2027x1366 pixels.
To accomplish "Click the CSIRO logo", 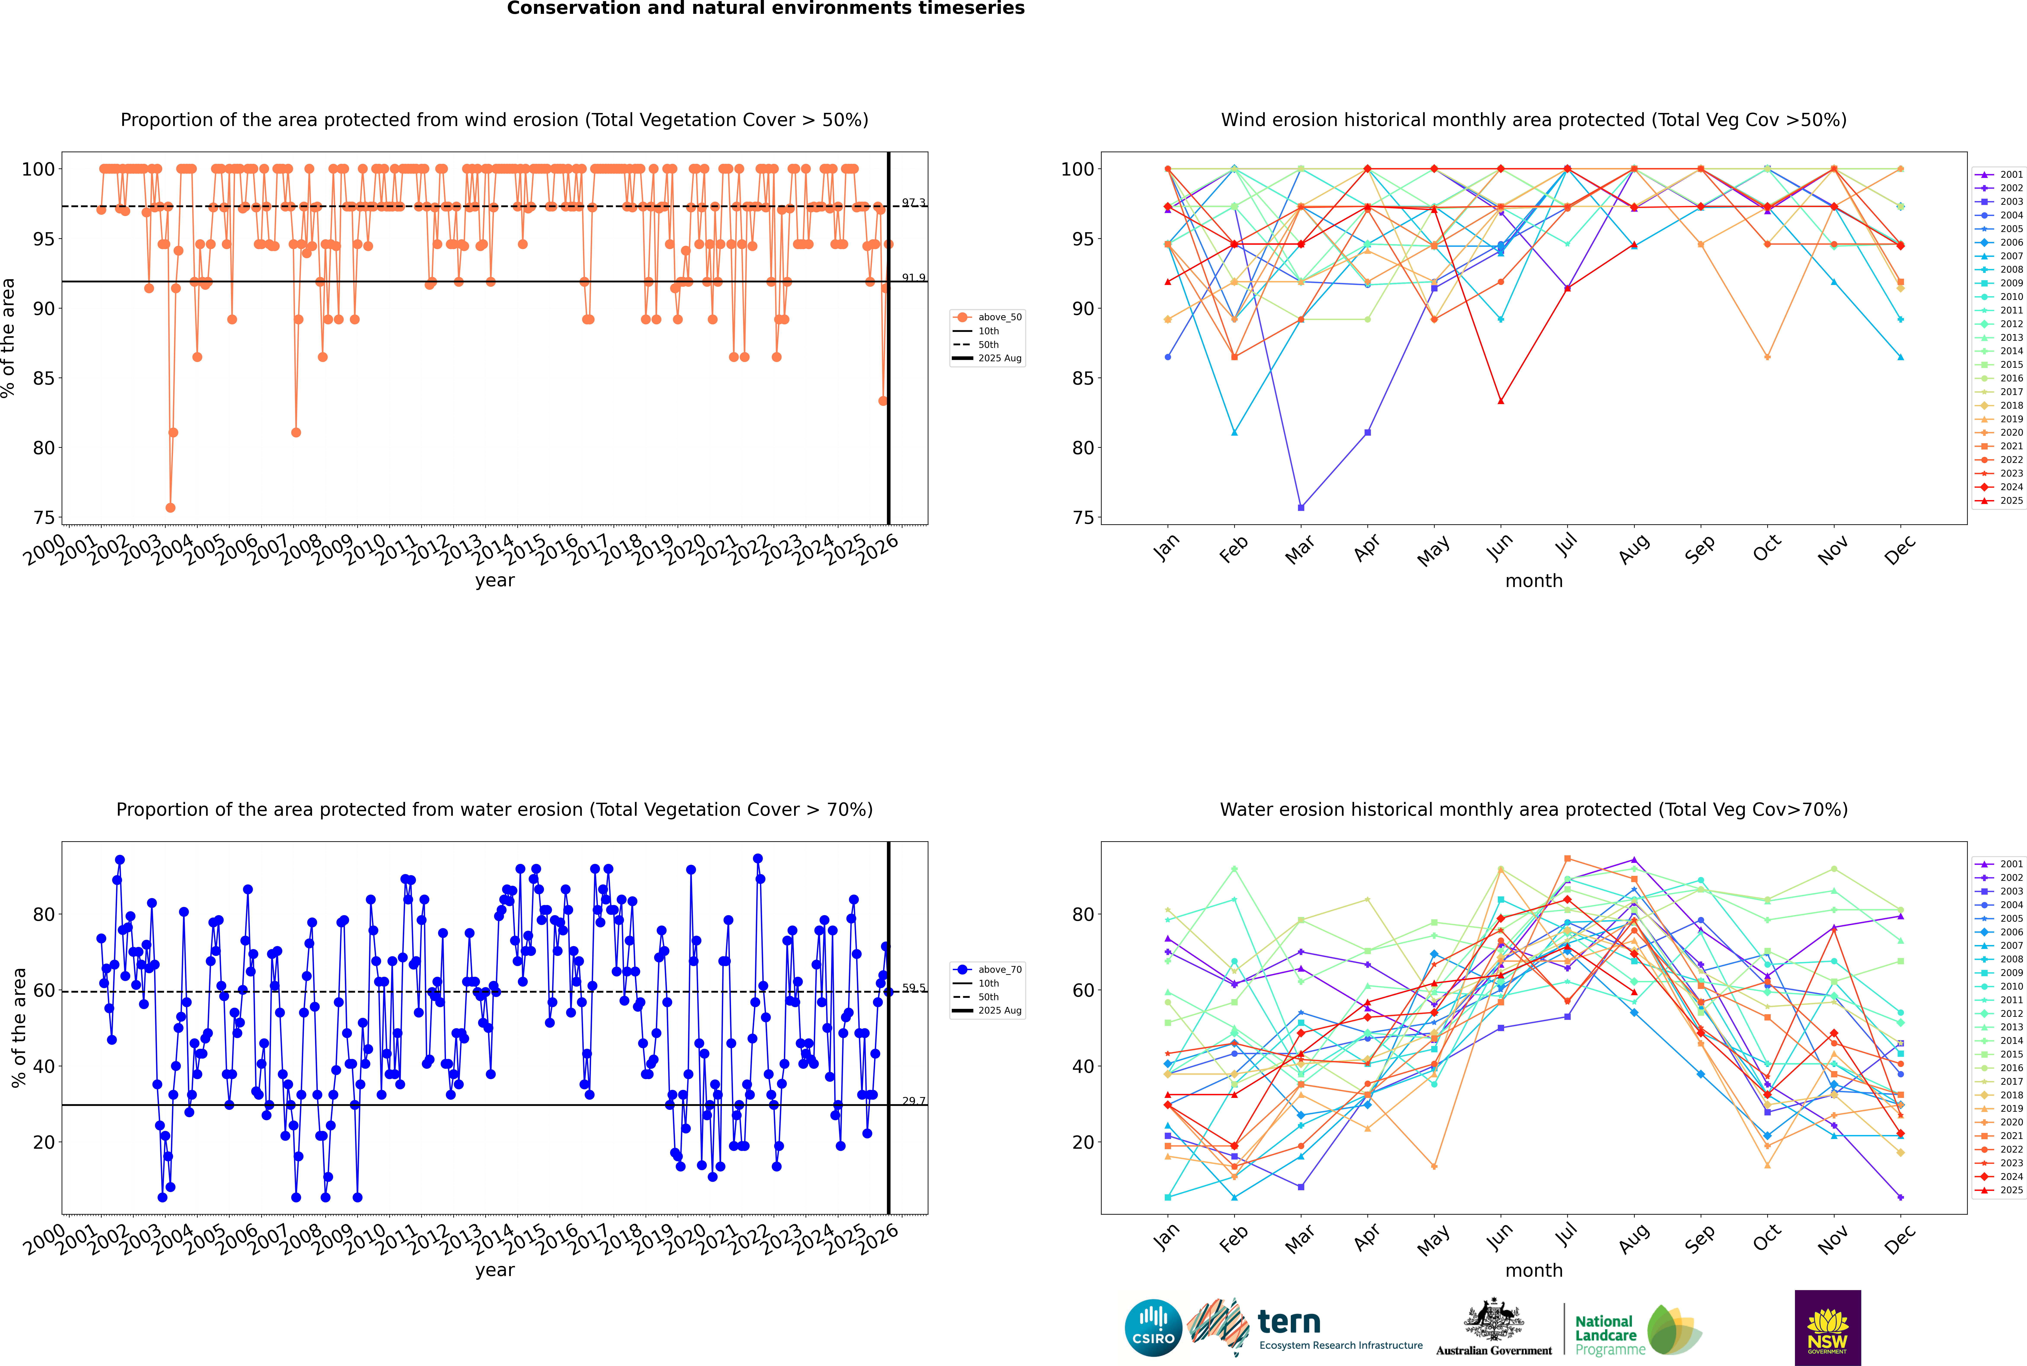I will (1153, 1328).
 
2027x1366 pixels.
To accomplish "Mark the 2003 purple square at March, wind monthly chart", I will (1301, 508).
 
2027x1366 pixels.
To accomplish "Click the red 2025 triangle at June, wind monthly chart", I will (1501, 401).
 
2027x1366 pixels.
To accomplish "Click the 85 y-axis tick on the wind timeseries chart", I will (42, 378).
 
